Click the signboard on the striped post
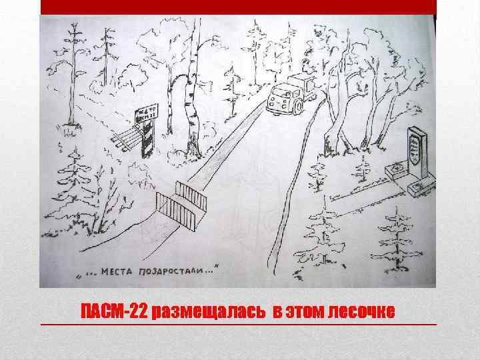[x=146, y=114]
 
